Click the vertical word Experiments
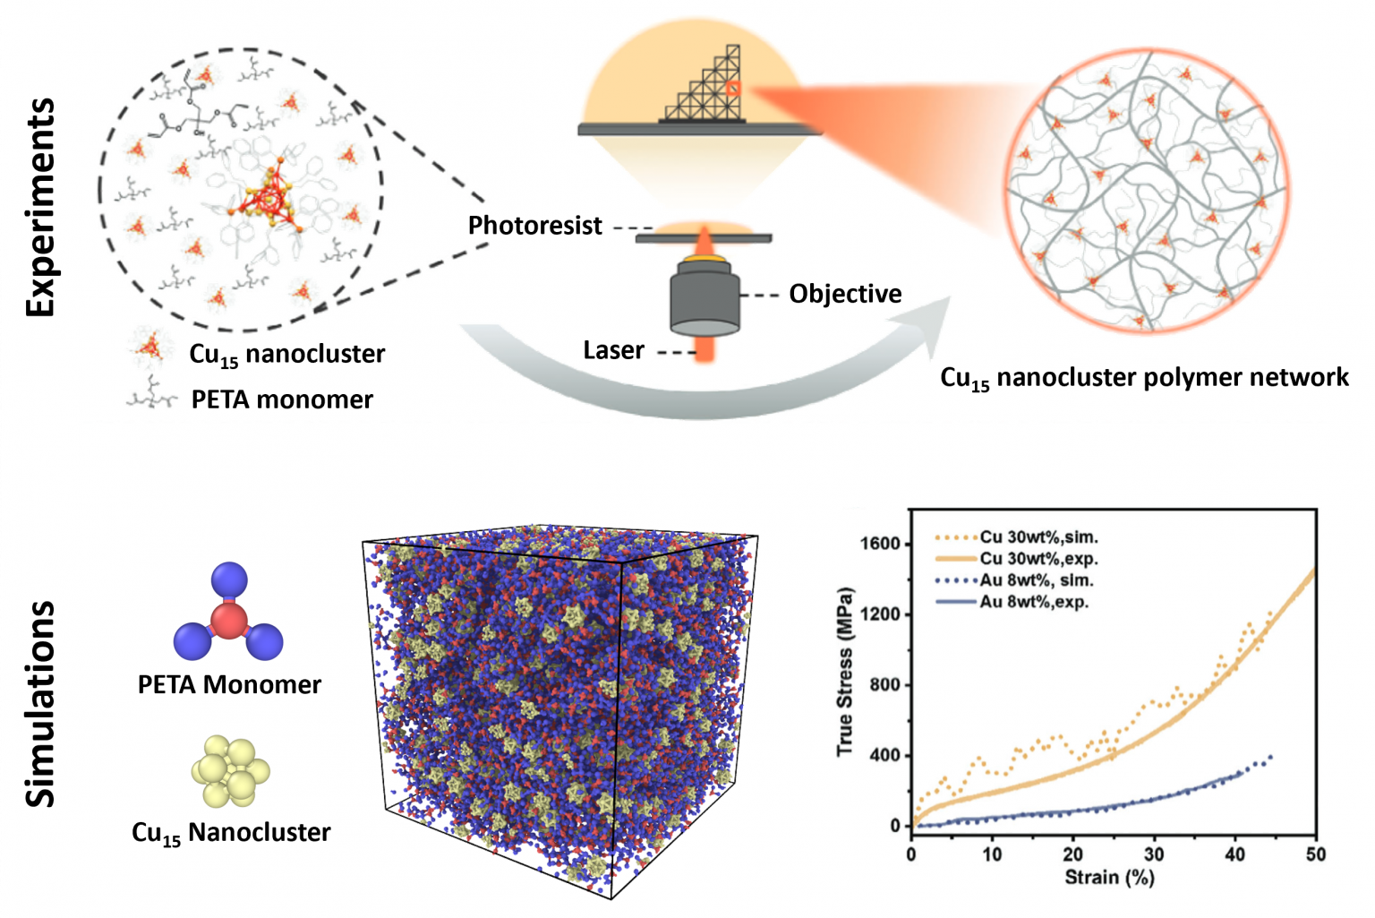(40, 207)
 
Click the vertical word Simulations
(40, 704)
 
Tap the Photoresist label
(534, 226)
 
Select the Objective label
(845, 294)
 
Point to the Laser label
(613, 350)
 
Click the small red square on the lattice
(733, 88)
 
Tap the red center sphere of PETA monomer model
(228, 620)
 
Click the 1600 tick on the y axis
(879, 544)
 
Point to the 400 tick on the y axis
(884, 755)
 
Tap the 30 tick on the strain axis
(1154, 854)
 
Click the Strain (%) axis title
(1109, 878)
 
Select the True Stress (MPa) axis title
(844, 672)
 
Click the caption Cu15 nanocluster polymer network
(1144, 377)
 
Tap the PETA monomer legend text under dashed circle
(282, 399)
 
